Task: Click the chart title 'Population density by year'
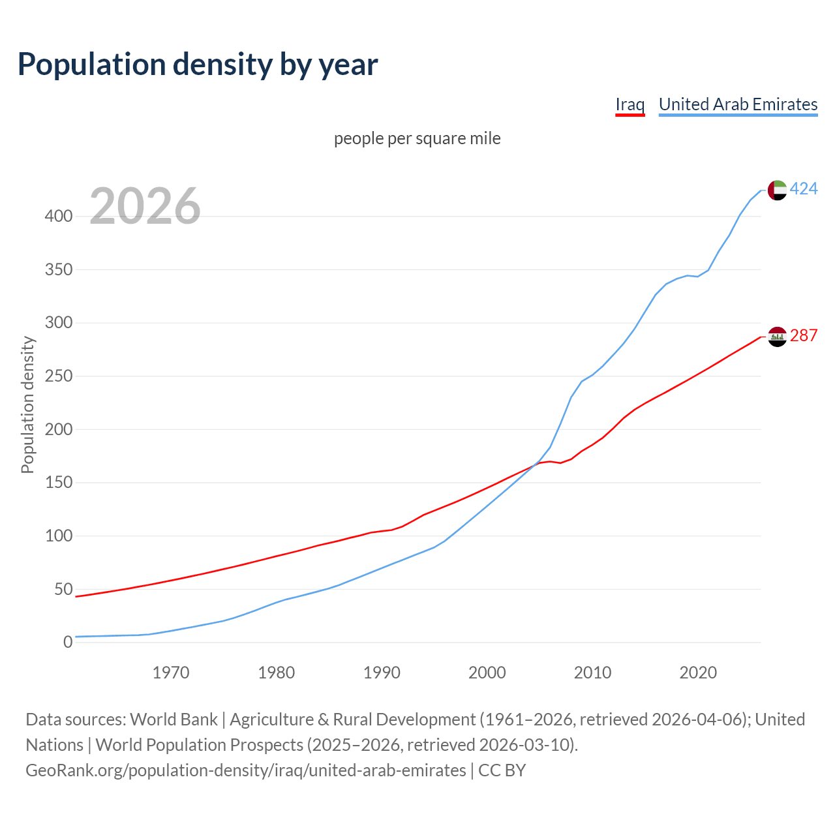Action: (x=198, y=64)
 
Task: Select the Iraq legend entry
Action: (x=630, y=104)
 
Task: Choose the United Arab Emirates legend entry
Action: (x=738, y=104)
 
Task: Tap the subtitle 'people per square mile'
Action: (x=417, y=138)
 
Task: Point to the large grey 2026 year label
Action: (x=145, y=206)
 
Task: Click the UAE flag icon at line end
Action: (x=777, y=190)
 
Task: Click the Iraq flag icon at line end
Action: (x=777, y=337)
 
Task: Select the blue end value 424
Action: (x=804, y=189)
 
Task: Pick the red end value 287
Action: (x=804, y=335)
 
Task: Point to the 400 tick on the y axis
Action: (x=58, y=216)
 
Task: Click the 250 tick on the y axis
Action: (x=58, y=376)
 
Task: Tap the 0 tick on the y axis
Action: (x=68, y=643)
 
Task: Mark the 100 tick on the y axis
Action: (x=58, y=536)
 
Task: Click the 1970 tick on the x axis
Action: (x=171, y=673)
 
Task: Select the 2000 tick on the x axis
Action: (x=487, y=673)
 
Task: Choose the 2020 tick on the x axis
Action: (x=698, y=673)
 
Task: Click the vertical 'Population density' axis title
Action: (x=27, y=404)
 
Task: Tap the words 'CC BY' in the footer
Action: (x=502, y=770)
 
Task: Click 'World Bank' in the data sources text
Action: (x=174, y=720)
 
